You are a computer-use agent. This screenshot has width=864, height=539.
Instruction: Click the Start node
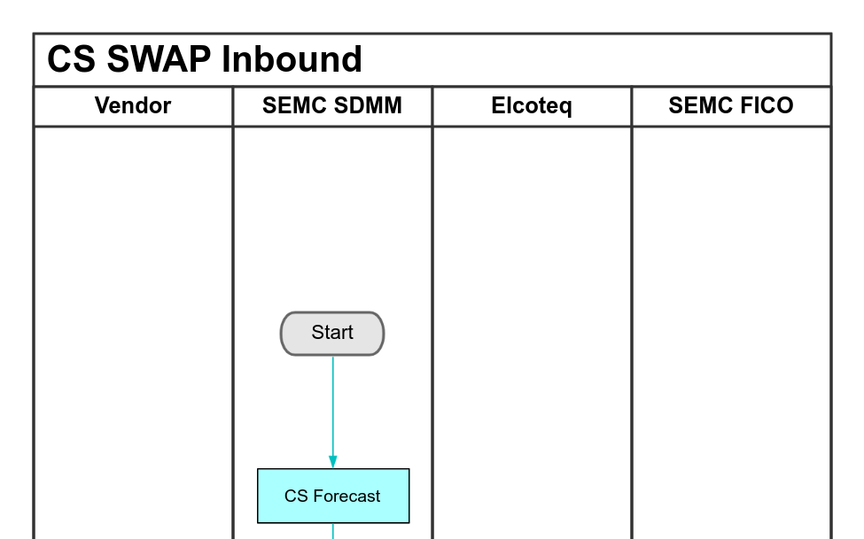click(x=332, y=334)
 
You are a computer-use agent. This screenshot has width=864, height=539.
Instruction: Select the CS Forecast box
click(x=333, y=496)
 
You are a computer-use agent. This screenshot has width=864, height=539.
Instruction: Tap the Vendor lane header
click(x=133, y=106)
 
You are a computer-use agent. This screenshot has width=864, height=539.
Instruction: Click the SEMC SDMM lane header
click(x=332, y=106)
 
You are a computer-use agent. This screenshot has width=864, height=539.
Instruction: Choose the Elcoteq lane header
click(x=532, y=106)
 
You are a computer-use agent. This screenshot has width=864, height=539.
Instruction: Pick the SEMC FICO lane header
click(x=731, y=106)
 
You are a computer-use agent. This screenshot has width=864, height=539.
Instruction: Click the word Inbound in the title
click(x=292, y=60)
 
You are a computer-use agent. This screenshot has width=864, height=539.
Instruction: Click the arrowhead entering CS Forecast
click(x=333, y=461)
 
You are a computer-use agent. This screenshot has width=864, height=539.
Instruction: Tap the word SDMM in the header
click(x=370, y=106)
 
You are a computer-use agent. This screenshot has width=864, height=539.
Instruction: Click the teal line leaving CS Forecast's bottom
click(x=333, y=531)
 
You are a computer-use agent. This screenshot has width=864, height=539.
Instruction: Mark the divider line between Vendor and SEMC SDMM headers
click(x=232, y=106)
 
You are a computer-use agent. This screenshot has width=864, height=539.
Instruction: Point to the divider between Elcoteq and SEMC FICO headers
click(x=632, y=106)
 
